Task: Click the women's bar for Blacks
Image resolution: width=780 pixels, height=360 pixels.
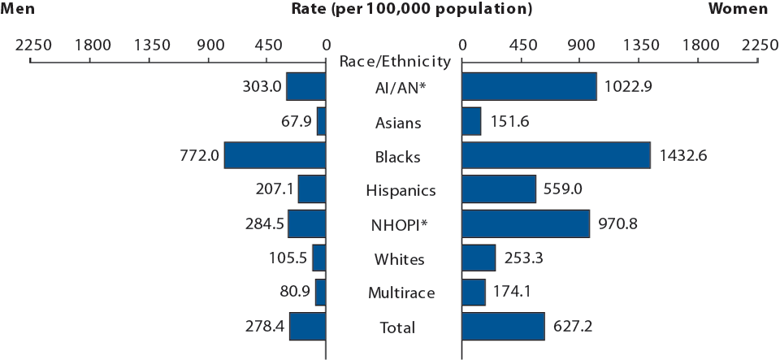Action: coord(556,155)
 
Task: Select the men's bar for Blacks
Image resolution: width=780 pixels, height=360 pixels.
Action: coord(275,155)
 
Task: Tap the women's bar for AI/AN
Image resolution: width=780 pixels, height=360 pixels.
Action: coord(529,87)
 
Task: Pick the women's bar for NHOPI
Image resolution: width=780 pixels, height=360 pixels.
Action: coord(526,223)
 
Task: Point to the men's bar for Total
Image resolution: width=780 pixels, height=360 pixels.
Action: coord(307,327)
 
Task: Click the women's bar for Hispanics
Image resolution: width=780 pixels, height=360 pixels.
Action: coord(499,189)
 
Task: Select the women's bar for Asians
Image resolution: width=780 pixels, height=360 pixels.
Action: coord(471,122)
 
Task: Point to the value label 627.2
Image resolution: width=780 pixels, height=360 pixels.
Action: coord(573,327)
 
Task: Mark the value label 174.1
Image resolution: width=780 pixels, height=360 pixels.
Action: coord(513,293)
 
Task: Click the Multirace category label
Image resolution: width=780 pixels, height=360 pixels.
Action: coord(394,293)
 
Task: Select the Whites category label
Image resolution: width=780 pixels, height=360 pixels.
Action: coord(394,259)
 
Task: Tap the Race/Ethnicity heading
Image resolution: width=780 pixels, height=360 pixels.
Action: coord(394,61)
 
